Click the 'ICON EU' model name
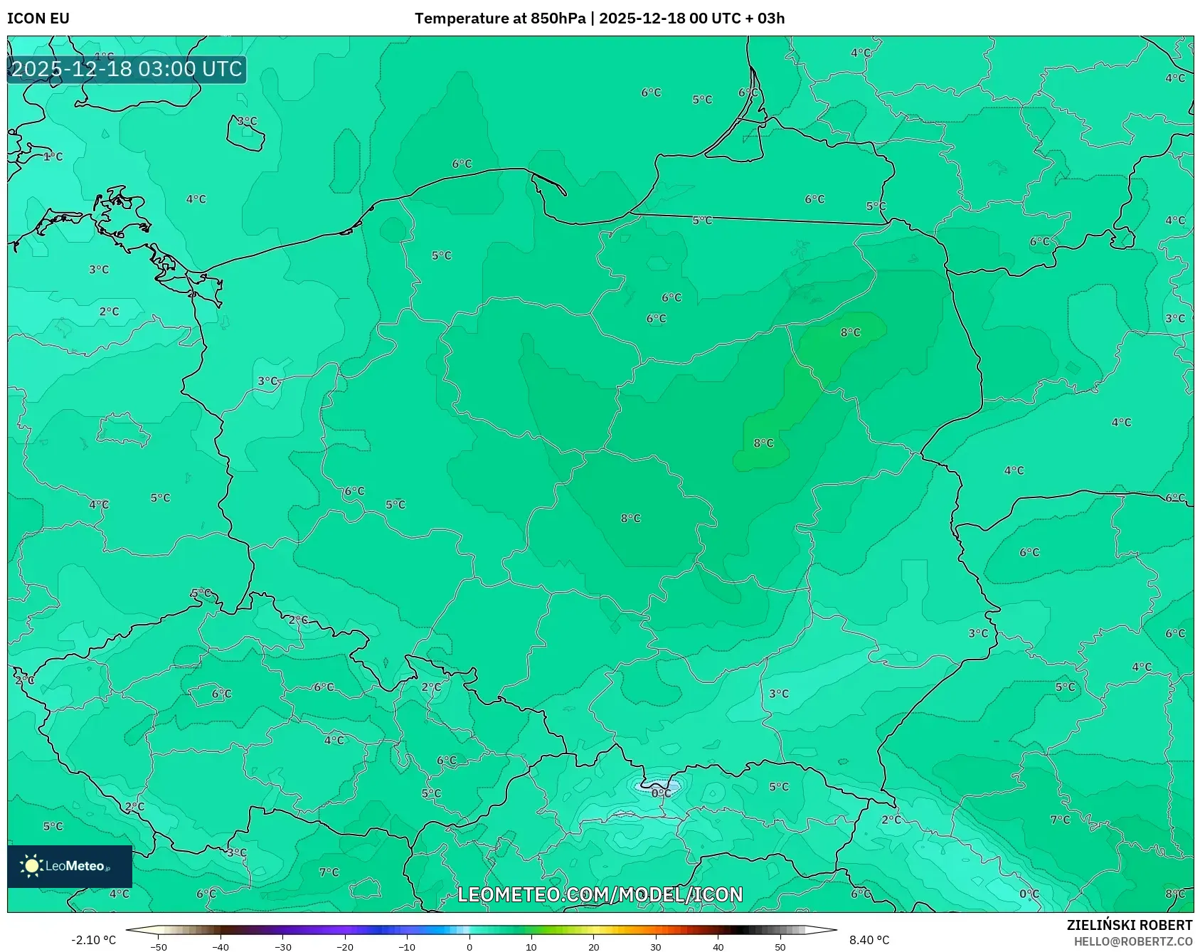tap(38, 18)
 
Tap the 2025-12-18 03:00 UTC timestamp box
tap(127, 69)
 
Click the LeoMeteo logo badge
tap(70, 866)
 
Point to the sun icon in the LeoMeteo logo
tap(31, 866)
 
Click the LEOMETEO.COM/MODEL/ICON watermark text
tap(600, 894)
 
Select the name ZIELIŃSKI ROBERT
tap(1129, 925)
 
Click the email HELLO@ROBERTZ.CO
tap(1132, 941)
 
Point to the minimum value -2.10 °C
tap(93, 940)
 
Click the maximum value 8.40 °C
tap(869, 940)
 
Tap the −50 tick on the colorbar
tap(159, 946)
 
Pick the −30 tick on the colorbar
tap(283, 946)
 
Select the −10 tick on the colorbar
tap(407, 946)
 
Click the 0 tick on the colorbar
tap(469, 946)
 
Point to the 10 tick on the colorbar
tap(531, 946)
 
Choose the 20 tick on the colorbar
tap(593, 946)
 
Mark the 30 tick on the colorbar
tap(656, 946)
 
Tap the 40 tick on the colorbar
tap(718, 946)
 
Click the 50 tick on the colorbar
tap(780, 946)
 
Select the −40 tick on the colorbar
tap(221, 946)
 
